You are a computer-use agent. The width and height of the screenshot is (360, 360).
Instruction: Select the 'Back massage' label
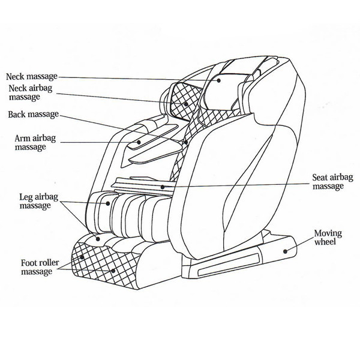coord(34,114)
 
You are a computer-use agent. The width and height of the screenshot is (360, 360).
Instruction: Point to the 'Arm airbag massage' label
coord(29,142)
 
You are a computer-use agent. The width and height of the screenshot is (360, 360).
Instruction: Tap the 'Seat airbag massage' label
coord(327,182)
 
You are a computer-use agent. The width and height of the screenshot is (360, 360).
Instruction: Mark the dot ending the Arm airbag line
coord(139,142)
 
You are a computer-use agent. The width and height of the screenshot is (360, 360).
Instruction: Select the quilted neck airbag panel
coord(183,99)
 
